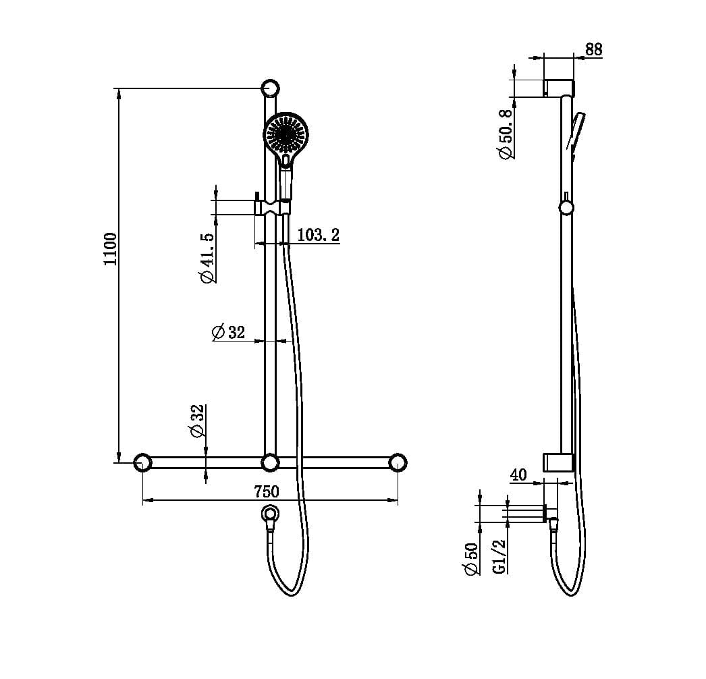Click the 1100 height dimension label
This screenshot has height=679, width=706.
(110, 249)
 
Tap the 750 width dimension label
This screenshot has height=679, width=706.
(266, 491)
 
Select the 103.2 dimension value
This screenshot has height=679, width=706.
(318, 235)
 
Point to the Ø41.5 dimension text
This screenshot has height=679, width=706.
(207, 258)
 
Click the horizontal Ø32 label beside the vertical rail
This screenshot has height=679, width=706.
(227, 332)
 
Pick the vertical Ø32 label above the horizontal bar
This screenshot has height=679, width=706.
(197, 421)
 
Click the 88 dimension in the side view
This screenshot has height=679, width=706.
(594, 49)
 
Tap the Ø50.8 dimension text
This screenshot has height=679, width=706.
(506, 133)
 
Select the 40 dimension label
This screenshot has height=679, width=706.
(518, 475)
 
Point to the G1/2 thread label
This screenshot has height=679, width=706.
(499, 556)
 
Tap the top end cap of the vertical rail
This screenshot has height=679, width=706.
(270, 88)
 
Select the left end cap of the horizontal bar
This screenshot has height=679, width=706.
(142, 462)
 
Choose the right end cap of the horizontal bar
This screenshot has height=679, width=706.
(398, 462)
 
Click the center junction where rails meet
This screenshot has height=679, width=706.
(270, 462)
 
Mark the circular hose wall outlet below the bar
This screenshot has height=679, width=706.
(270, 514)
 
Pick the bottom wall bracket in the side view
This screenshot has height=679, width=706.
(558, 462)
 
